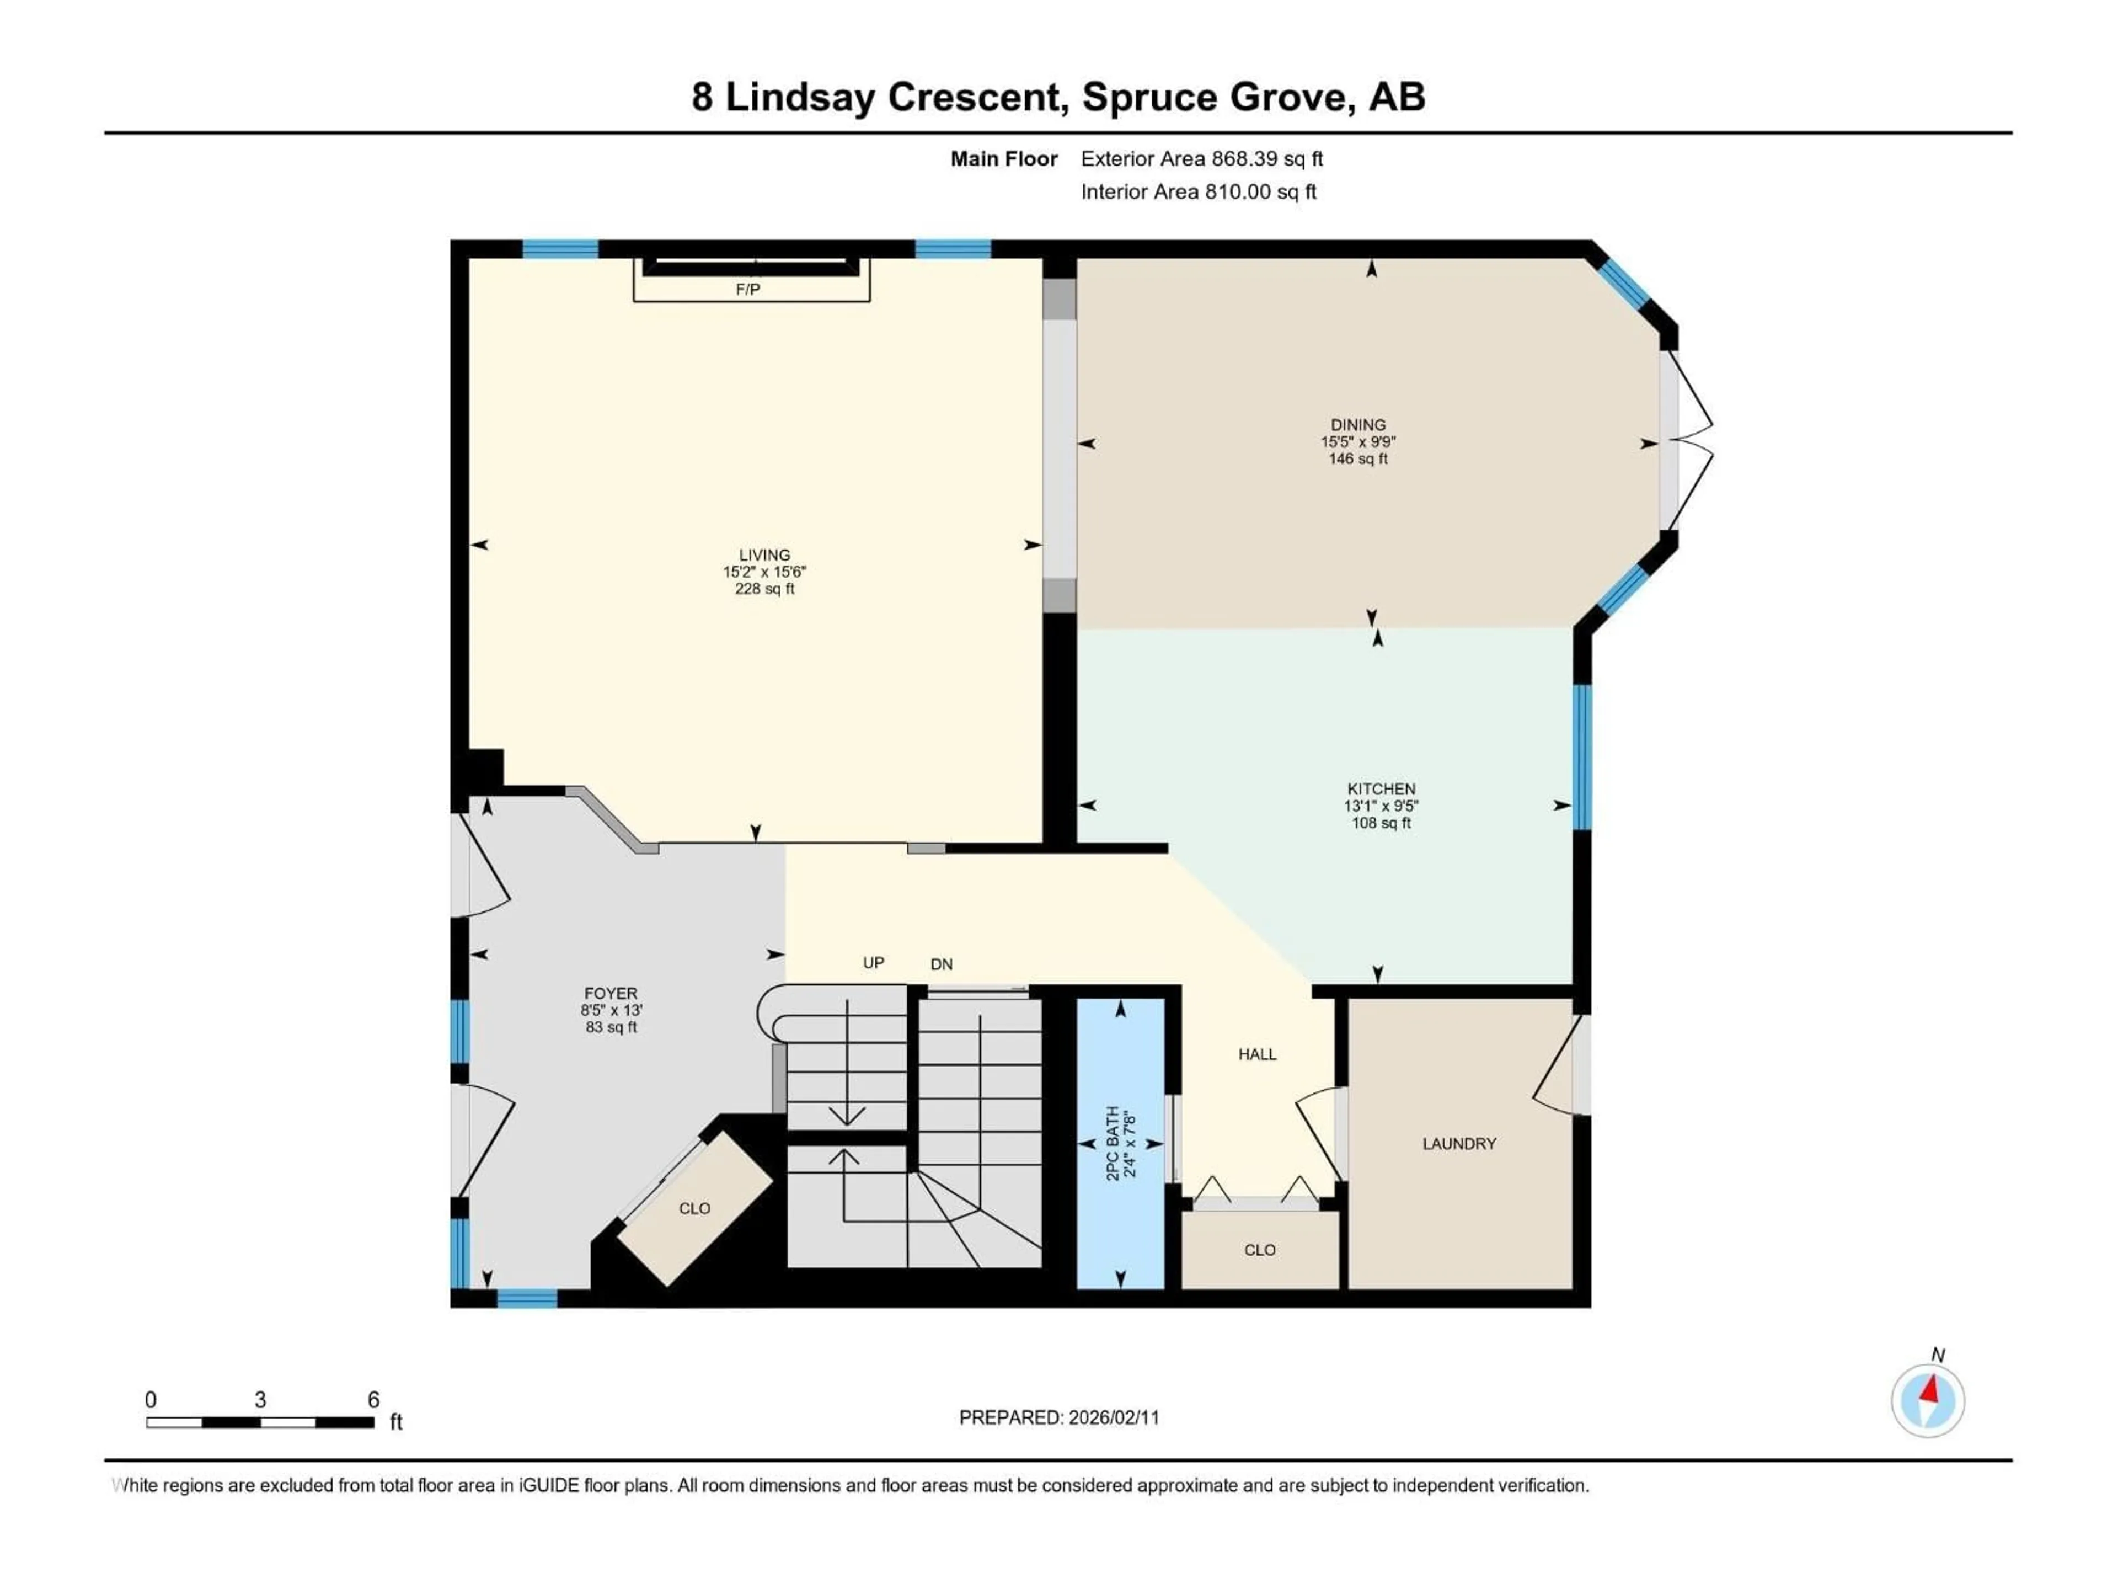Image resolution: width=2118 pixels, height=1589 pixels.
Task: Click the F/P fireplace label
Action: click(x=748, y=289)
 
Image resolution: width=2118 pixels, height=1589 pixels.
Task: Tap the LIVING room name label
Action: click(x=764, y=554)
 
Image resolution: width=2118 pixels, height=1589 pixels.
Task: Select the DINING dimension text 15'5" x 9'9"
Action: click(x=1358, y=441)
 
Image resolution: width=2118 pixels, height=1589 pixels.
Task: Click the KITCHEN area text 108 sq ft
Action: click(x=1381, y=823)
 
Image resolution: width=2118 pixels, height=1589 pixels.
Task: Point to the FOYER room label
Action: click(x=611, y=993)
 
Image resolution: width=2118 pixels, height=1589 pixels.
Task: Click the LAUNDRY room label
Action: click(x=1458, y=1144)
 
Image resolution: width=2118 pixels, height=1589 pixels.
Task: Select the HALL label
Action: click(x=1257, y=1054)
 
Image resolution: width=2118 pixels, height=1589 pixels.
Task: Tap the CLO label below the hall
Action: click(x=1259, y=1250)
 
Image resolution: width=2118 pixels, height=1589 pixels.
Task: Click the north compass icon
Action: click(x=1928, y=1400)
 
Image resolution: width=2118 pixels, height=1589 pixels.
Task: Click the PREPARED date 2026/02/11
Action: click(x=1114, y=1417)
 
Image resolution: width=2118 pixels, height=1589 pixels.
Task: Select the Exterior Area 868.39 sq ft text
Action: click(x=1202, y=159)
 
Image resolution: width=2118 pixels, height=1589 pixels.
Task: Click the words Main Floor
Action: click(x=1003, y=159)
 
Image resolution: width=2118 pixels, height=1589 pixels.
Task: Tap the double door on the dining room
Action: click(x=1687, y=441)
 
